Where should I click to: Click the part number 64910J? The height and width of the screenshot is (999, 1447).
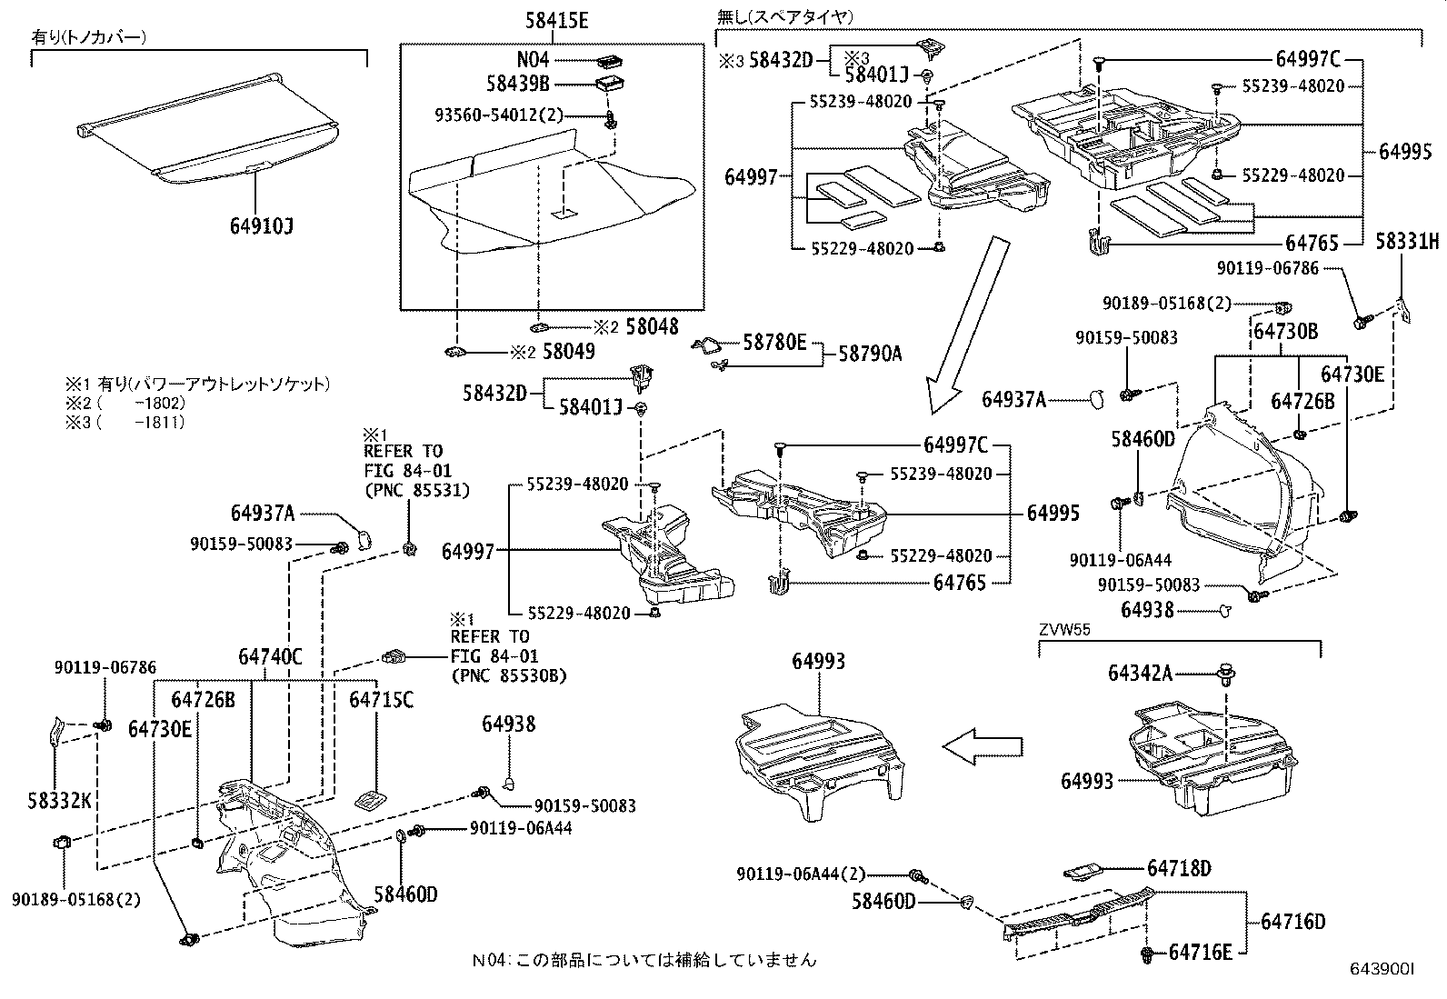tap(261, 224)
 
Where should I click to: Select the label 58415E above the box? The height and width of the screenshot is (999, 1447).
tap(556, 20)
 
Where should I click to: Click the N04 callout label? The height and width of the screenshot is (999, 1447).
tap(534, 60)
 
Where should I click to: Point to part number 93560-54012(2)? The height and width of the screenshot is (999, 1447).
tap(499, 115)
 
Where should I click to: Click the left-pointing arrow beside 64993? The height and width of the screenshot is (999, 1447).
tap(982, 747)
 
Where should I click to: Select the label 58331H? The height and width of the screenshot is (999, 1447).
tap(1407, 241)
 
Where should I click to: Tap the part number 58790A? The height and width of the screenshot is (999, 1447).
tap(870, 354)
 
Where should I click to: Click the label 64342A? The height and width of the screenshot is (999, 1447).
tap(1140, 673)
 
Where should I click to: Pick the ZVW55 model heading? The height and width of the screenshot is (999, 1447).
tap(1064, 629)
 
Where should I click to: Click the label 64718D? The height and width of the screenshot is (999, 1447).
tap(1179, 868)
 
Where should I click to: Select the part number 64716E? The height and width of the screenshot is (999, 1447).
tap(1200, 952)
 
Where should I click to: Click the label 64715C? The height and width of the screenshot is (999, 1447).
tap(381, 699)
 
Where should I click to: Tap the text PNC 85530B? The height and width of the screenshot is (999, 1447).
tap(508, 674)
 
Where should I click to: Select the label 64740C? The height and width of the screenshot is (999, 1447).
tap(270, 656)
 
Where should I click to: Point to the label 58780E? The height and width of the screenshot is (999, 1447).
tap(774, 342)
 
